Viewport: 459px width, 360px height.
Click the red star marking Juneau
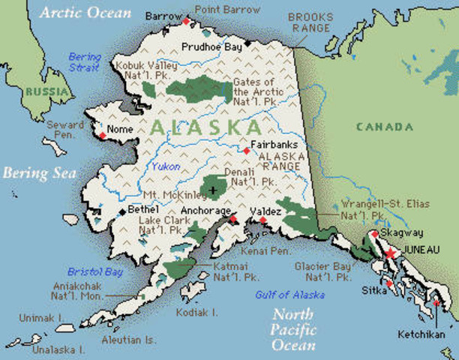coord(390,253)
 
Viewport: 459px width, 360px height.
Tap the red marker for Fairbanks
coord(246,151)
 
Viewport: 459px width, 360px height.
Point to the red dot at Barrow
coord(186,21)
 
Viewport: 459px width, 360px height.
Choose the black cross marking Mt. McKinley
coord(214,190)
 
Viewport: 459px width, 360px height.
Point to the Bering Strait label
coord(83,61)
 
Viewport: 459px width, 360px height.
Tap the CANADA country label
coord(383,127)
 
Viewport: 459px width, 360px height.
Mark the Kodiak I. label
coord(196,311)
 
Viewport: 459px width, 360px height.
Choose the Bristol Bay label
coord(94,271)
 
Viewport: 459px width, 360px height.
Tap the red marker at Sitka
coord(388,283)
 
